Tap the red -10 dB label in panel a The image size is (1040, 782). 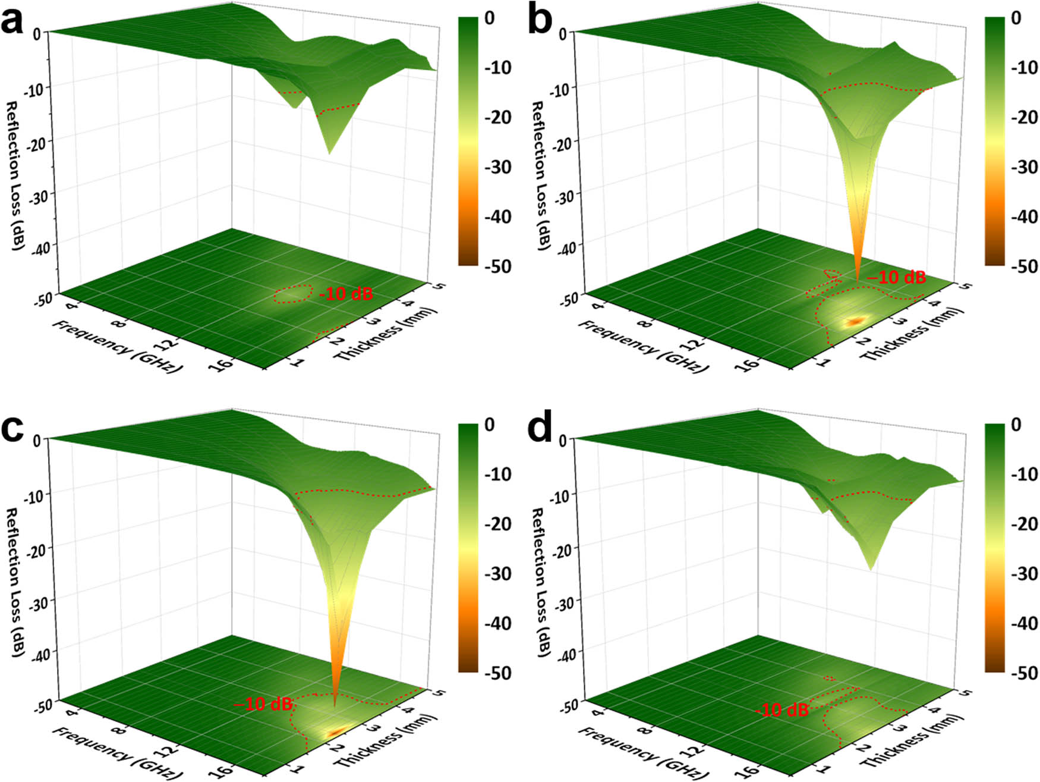346,293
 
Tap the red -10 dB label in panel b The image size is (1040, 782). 896,277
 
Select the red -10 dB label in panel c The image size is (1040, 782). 263,704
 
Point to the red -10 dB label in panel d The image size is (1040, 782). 781,709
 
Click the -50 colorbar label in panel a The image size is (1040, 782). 497,266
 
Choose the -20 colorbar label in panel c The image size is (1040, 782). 497,524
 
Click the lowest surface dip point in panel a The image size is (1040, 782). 329,154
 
